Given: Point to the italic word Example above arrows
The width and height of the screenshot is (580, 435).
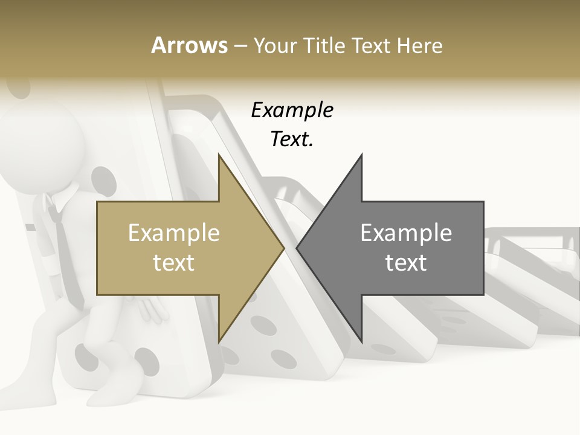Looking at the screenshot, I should coord(292,111).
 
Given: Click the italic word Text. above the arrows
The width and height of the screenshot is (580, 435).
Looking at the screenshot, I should coord(292,139).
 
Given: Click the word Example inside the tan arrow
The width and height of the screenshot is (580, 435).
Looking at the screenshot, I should coord(174,233).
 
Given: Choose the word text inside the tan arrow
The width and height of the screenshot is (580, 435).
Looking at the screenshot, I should coord(174,263).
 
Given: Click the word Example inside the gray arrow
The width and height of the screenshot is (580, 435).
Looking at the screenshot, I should coord(406,233).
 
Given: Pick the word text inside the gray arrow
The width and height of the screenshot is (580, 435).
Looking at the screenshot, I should coord(406,263).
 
